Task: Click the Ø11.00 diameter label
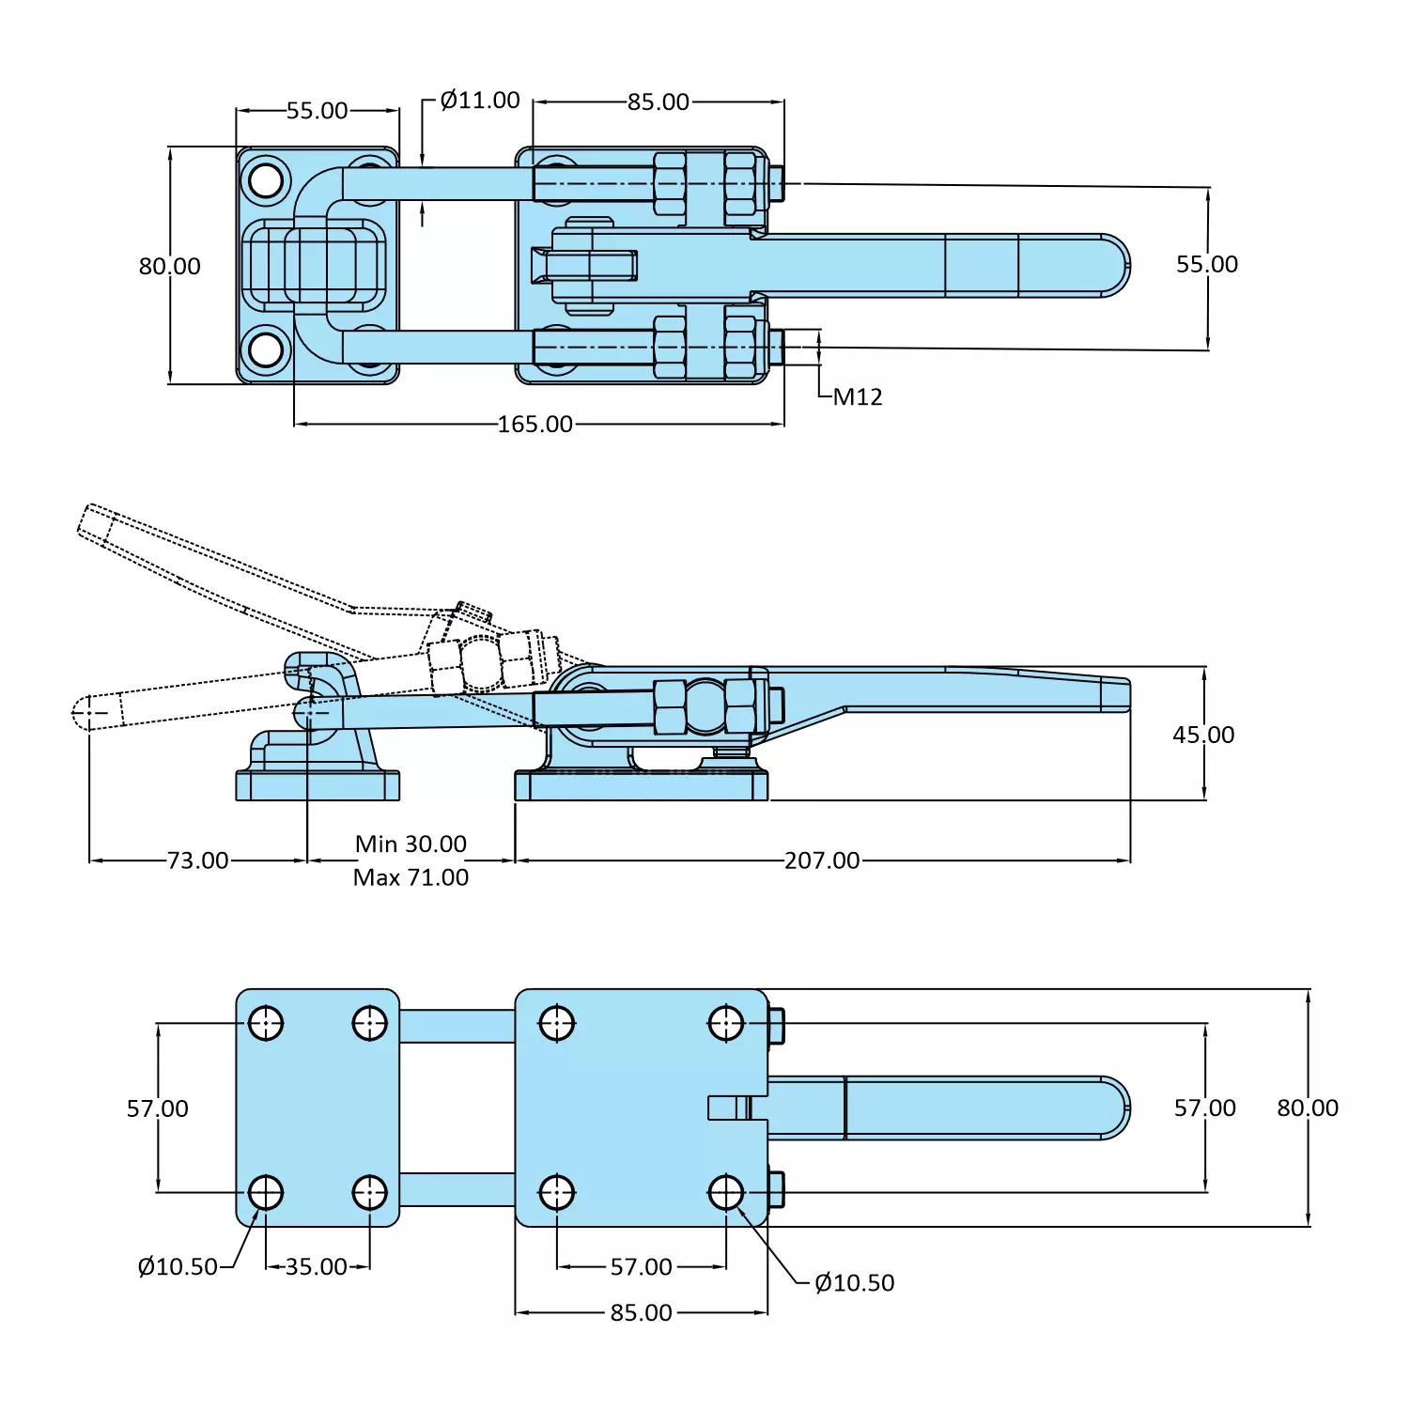479,101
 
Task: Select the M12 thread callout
857,397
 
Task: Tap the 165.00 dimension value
535,425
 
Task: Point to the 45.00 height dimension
1203,735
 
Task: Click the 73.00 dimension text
197,860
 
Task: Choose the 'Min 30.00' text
411,844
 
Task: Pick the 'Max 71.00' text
411,877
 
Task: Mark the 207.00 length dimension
822,860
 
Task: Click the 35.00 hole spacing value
317,1267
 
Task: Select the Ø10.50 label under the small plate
178,1267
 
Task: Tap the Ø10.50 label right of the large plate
854,1283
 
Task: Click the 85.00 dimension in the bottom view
641,1313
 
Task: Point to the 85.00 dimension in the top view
658,101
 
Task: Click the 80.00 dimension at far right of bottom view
1307,1108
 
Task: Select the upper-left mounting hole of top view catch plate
266,179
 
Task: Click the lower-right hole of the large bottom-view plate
726,1193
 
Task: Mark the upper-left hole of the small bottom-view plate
266,1023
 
